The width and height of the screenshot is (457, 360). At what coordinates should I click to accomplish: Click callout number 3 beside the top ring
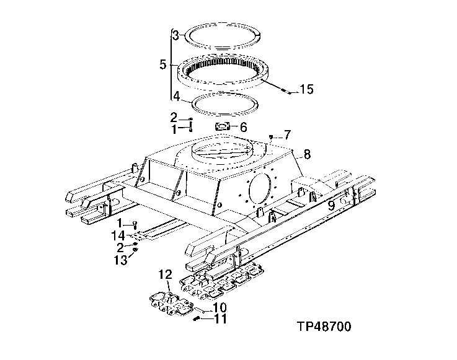pos(176,35)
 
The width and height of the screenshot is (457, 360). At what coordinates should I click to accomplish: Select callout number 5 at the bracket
pos(162,64)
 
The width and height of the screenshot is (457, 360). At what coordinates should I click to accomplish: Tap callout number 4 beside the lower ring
pos(176,96)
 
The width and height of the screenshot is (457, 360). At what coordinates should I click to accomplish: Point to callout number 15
pos(307,90)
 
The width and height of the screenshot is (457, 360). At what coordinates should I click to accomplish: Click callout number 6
pos(243,128)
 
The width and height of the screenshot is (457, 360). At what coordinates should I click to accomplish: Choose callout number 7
pos(287,134)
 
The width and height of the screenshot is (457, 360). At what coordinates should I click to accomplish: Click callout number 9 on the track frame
pos(332,204)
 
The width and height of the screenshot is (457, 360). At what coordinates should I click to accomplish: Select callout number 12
pos(164,274)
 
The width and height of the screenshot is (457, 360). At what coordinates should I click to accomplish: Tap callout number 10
pos(220,307)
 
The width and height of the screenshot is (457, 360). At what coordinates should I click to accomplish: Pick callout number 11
pos(220,320)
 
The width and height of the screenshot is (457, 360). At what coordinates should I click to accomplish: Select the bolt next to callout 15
pos(286,92)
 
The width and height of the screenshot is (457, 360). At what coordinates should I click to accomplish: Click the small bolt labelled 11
pos(197,320)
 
